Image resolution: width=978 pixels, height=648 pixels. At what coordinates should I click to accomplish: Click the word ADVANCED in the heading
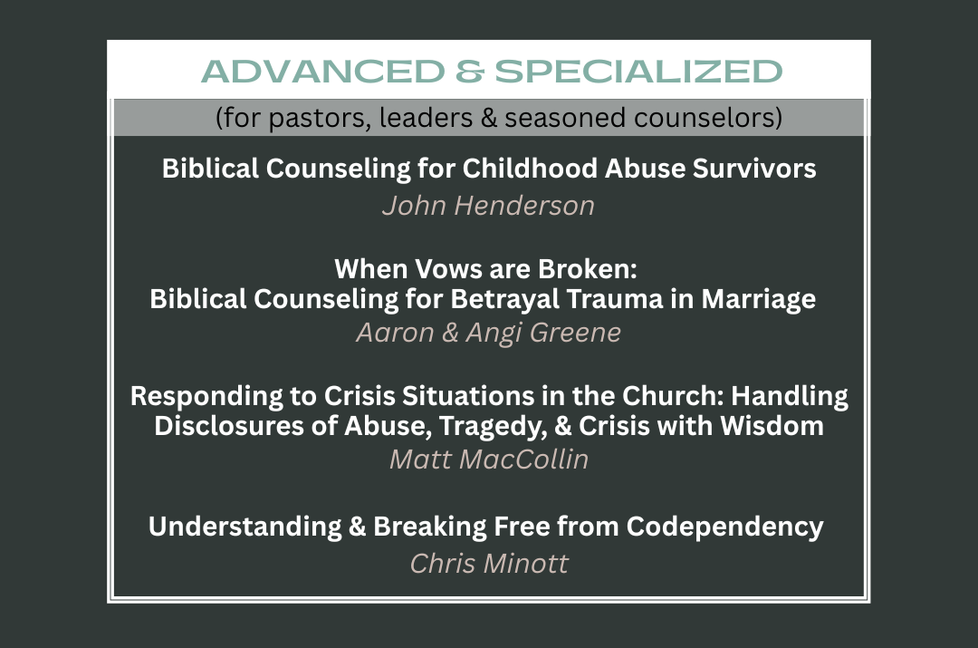(323, 72)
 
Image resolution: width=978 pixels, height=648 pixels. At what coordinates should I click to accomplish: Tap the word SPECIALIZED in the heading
(638, 72)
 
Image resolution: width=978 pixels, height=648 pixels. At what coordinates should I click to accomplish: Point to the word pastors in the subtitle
(320, 118)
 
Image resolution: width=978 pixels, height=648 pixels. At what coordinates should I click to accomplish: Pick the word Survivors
(754, 169)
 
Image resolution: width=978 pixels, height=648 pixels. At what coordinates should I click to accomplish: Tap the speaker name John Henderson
(488, 206)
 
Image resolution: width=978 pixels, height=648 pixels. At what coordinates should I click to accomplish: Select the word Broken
(587, 269)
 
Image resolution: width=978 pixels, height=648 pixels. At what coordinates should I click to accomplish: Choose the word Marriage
(759, 300)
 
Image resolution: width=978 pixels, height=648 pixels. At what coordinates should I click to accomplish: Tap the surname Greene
(575, 333)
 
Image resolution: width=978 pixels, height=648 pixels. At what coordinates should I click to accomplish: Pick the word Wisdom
(772, 426)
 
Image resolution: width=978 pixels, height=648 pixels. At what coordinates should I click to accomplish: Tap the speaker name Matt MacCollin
(489, 459)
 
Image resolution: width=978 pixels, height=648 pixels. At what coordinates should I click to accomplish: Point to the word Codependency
(724, 527)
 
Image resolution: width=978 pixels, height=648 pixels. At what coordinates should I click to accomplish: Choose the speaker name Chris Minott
(489, 564)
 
